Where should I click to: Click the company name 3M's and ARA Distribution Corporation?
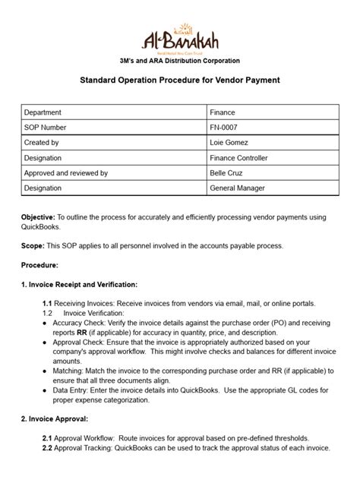coord(180,60)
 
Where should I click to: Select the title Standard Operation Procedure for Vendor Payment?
coord(180,80)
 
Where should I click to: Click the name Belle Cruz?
coord(228,172)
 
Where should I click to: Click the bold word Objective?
coord(38,217)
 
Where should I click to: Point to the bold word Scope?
coord(33,245)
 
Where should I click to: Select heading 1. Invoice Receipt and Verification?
coord(80,285)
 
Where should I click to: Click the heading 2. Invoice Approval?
coord(55,418)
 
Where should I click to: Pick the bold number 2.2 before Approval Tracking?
coord(47,448)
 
